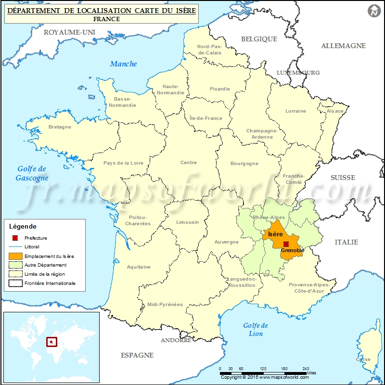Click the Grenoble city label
coord(293,250)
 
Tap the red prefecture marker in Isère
coord(286,244)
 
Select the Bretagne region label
coord(60,127)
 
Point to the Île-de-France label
coord(206,118)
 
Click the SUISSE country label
coord(343,178)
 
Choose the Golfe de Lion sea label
coord(256,329)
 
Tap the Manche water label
coord(123,64)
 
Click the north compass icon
coord(374,11)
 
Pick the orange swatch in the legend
coord(15,256)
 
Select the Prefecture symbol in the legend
coord(15,238)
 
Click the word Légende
coord(23,226)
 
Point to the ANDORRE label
coord(176,340)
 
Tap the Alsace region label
coord(335,111)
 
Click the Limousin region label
coord(187,222)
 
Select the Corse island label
coord(363,359)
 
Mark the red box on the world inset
coord(51,342)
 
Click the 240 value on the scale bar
coord(306,369)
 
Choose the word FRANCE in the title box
coord(107,19)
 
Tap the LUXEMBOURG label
coord(298,73)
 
